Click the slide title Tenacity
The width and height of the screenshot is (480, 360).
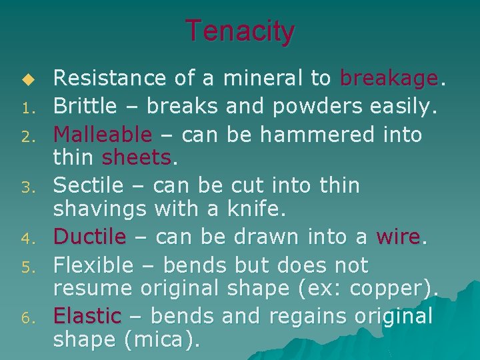point(239,31)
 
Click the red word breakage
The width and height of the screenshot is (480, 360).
point(389,79)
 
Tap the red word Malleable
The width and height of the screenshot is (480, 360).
point(103,135)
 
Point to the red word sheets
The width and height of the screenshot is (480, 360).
point(136,158)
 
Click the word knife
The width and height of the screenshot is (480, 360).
point(255,209)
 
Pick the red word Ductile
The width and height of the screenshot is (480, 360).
point(89,237)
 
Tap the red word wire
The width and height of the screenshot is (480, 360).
point(398,237)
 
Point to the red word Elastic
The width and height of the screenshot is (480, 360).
point(87,316)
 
